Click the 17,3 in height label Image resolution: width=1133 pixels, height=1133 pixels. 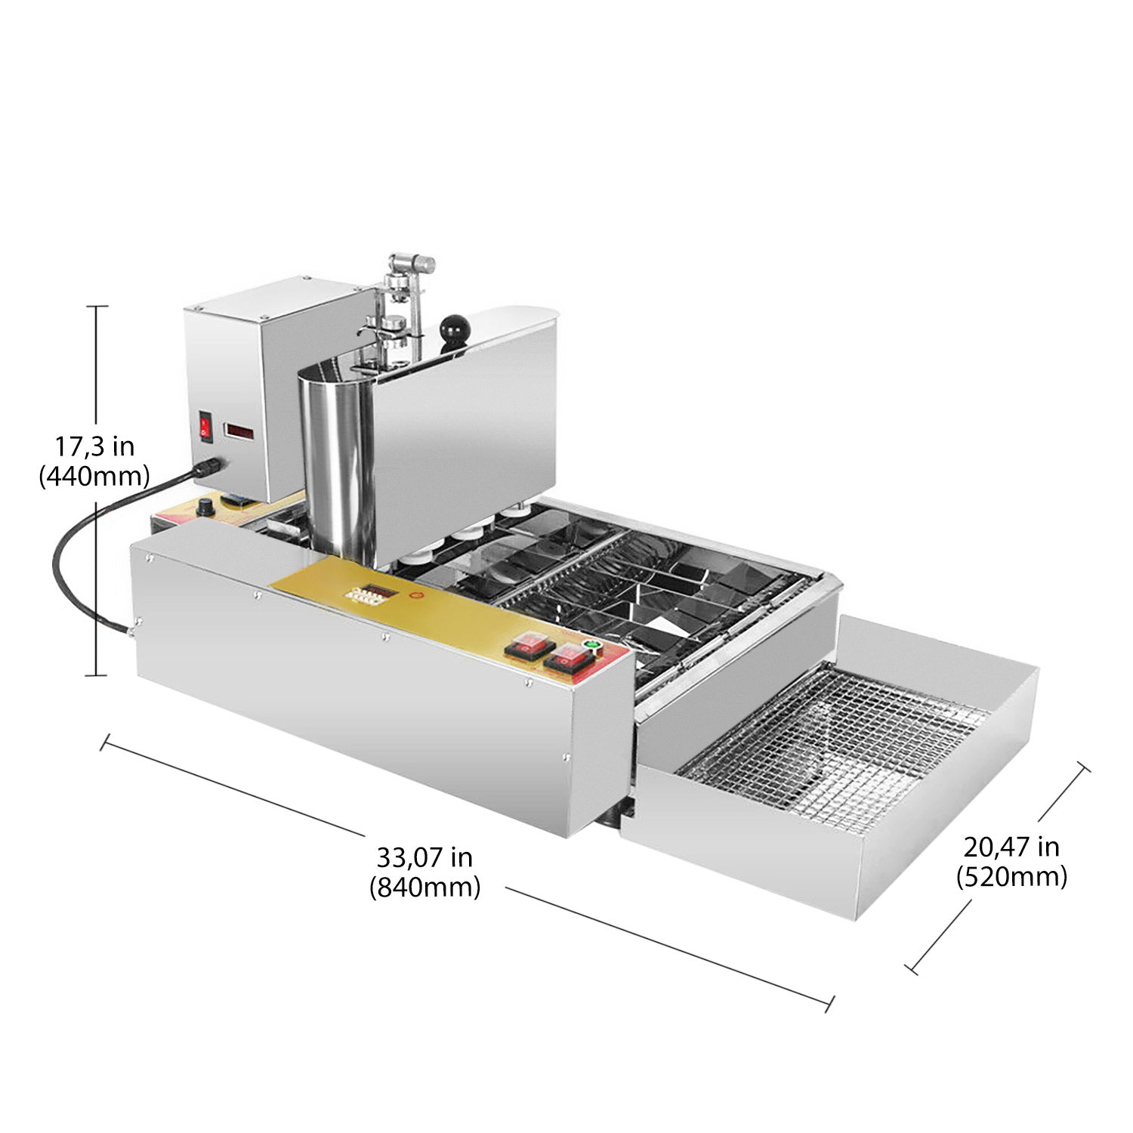[x=94, y=446]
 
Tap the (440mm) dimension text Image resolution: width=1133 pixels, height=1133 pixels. [x=94, y=476]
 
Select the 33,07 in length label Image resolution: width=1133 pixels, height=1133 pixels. [x=424, y=857]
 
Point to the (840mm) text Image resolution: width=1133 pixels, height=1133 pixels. [x=424, y=887]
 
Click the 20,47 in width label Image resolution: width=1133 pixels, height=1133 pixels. [x=1011, y=847]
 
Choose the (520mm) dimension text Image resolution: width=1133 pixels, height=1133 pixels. [x=1011, y=877]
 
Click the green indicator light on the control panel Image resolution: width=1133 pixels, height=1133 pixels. [x=591, y=646]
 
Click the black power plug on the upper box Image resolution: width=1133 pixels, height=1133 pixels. [x=210, y=468]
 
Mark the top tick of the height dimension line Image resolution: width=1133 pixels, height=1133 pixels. [x=95, y=307]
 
